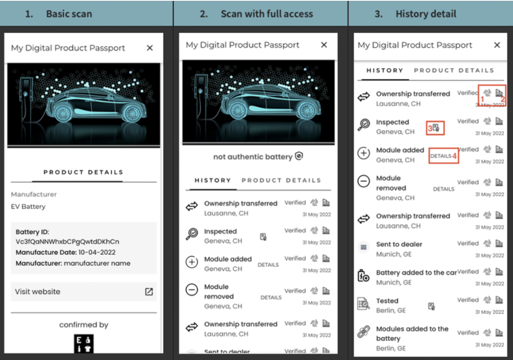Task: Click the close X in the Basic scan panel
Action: tap(150, 48)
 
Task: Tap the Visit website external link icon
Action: tap(149, 292)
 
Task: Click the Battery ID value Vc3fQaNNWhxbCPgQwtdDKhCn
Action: tap(67, 242)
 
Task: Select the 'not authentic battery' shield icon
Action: tap(299, 156)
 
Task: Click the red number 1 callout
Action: tap(482, 99)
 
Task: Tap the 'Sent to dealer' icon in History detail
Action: tap(364, 247)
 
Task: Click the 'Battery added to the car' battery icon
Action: tap(363, 276)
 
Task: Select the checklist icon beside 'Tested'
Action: tap(363, 304)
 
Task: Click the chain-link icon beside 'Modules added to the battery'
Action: tap(363, 333)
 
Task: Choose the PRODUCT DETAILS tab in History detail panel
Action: tap(454, 70)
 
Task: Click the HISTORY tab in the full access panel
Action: tap(213, 180)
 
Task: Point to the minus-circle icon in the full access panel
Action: tap(192, 290)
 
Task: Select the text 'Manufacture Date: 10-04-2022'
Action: tap(66, 252)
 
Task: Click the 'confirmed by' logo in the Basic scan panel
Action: tap(84, 344)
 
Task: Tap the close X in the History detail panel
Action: tap(497, 45)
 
